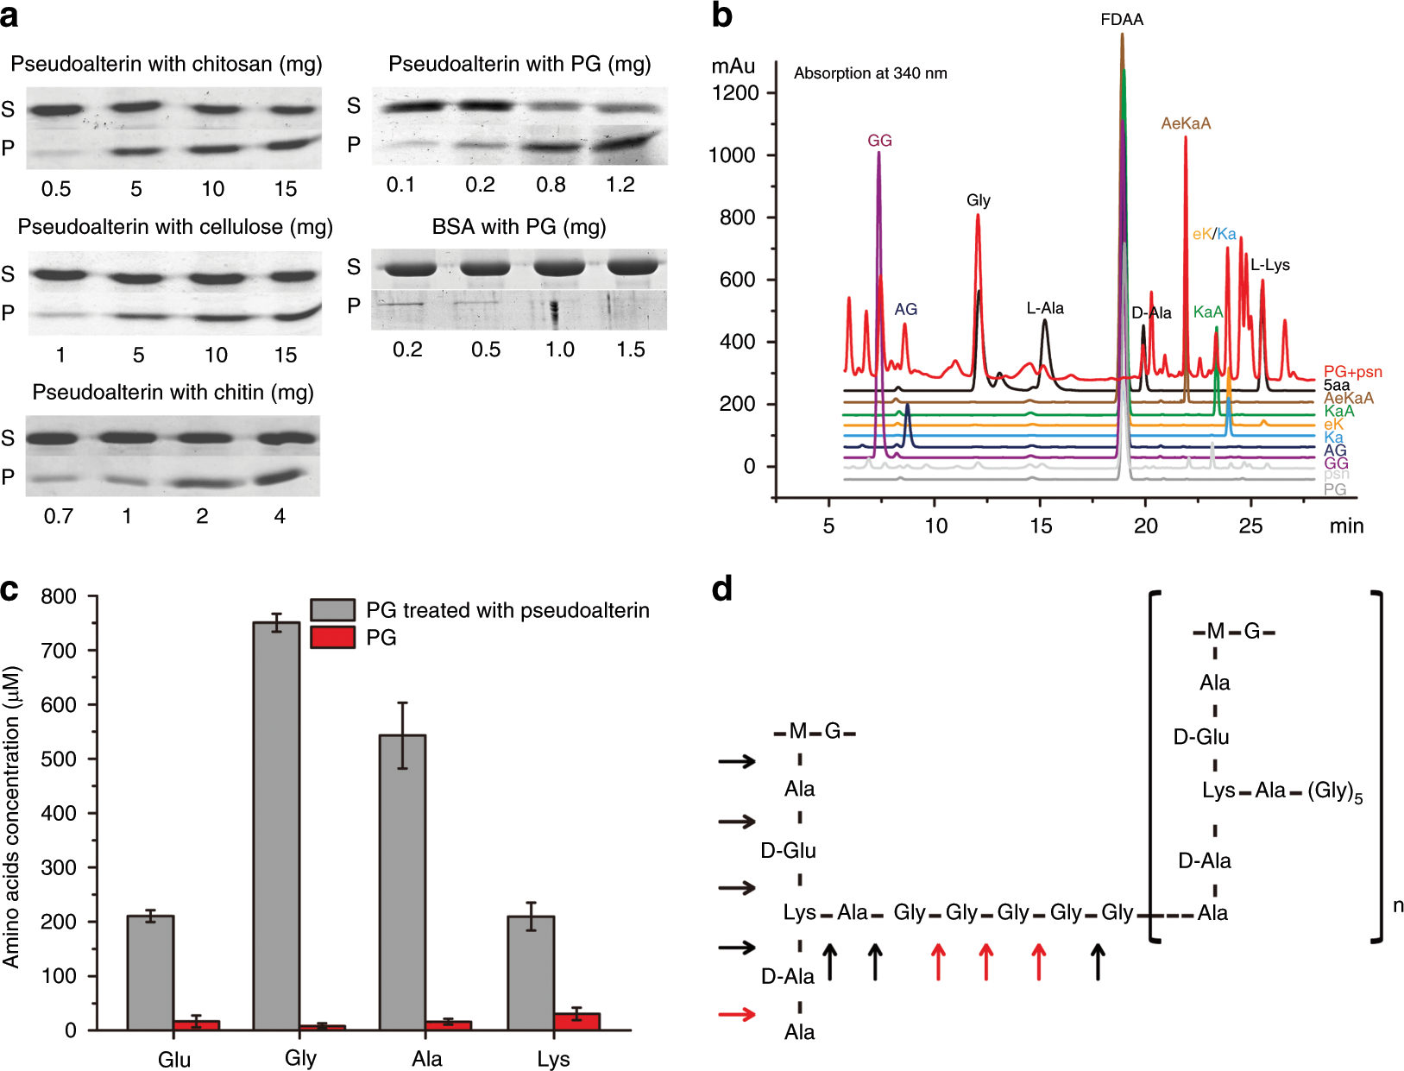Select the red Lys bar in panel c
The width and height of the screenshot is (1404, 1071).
click(x=576, y=1021)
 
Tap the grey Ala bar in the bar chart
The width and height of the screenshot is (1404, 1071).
click(x=402, y=880)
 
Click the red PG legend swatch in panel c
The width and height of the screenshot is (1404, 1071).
click(x=332, y=638)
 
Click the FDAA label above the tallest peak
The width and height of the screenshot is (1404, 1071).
click(x=1122, y=20)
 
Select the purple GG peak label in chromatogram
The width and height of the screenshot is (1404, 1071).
click(x=879, y=141)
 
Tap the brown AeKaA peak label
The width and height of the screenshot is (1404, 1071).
click(x=1186, y=123)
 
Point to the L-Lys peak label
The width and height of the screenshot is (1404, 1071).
click(x=1270, y=265)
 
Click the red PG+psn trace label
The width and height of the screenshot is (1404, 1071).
click(x=1352, y=372)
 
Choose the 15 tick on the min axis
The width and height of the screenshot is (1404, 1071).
click(x=1041, y=526)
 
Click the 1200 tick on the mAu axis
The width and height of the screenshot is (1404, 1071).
click(x=734, y=93)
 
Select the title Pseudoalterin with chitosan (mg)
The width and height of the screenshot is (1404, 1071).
click(x=167, y=64)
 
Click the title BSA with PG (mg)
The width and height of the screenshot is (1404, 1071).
click(x=519, y=226)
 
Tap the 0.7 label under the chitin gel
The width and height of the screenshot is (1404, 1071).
click(x=59, y=516)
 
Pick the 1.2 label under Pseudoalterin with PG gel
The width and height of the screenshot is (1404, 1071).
click(x=620, y=185)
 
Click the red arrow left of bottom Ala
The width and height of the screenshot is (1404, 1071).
click(x=737, y=1014)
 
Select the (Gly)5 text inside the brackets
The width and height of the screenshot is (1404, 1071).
click(x=1335, y=791)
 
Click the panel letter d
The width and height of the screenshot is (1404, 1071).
click(x=722, y=589)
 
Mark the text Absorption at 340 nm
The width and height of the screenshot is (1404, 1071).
click(x=870, y=73)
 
